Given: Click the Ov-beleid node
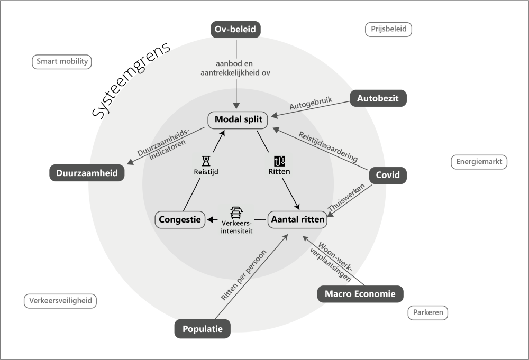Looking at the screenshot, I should point(236,29).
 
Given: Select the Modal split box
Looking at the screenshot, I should point(238,120).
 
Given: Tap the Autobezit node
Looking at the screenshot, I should point(378,98).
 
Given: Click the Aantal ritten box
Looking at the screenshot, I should point(297,219).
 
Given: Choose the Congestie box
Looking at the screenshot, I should point(180,219).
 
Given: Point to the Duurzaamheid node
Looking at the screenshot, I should point(87,173).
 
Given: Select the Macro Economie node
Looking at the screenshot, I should point(360,294).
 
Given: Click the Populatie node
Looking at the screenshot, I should point(203,329).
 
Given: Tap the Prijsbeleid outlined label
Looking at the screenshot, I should point(388,30).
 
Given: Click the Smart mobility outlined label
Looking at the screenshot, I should point(62,61).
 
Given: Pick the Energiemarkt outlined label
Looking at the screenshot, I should point(479,161).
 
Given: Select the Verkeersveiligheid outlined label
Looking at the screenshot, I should point(61,301).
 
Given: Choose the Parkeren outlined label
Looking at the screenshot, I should point(427,312).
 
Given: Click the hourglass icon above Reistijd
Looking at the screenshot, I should point(206,161).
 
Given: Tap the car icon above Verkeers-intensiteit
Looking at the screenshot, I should point(236,213).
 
